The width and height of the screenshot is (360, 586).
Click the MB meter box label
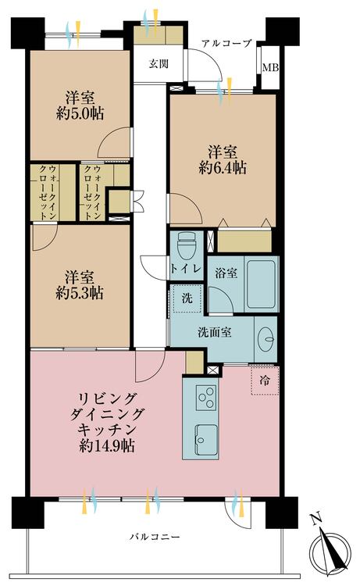[x=270, y=68]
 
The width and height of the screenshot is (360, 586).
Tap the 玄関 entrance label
[x=159, y=64]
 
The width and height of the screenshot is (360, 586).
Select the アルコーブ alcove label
[x=226, y=43]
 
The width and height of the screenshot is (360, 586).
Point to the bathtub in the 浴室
[x=261, y=284]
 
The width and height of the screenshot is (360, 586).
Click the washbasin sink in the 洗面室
[x=266, y=339]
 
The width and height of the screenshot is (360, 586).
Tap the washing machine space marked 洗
[x=187, y=298]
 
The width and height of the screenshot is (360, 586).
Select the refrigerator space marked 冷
[x=265, y=381]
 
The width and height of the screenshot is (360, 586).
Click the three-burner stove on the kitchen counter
[x=206, y=398]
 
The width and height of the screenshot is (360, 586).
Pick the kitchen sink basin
[x=206, y=440]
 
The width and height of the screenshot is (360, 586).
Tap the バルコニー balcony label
[x=155, y=537]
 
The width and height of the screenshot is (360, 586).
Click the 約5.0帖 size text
[x=80, y=113]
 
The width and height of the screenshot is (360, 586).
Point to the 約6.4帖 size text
[x=223, y=168]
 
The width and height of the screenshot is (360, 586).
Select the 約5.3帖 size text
[x=80, y=293]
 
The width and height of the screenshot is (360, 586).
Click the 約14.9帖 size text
[x=107, y=445]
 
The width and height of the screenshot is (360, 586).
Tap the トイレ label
[x=186, y=269]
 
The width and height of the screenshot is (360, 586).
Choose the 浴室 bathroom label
[x=226, y=273]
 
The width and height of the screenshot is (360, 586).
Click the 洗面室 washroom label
[x=214, y=332]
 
